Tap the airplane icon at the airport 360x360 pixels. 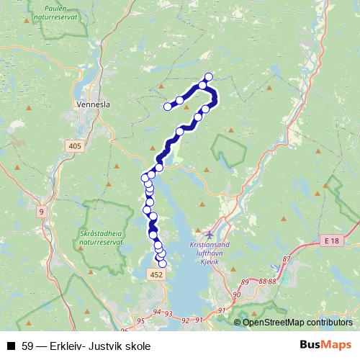209,233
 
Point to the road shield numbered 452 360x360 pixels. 156,275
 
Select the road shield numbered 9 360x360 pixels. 42,212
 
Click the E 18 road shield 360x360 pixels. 330,240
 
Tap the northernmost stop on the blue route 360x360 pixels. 210,76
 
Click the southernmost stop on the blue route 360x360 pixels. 162,264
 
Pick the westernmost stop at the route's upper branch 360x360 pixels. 168,107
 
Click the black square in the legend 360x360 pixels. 11,346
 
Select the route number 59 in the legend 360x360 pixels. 27,346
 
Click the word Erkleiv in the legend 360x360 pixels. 66,346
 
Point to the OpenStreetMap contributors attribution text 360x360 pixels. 298,323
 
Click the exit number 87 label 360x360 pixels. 287,258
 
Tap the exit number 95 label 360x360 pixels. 140,321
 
